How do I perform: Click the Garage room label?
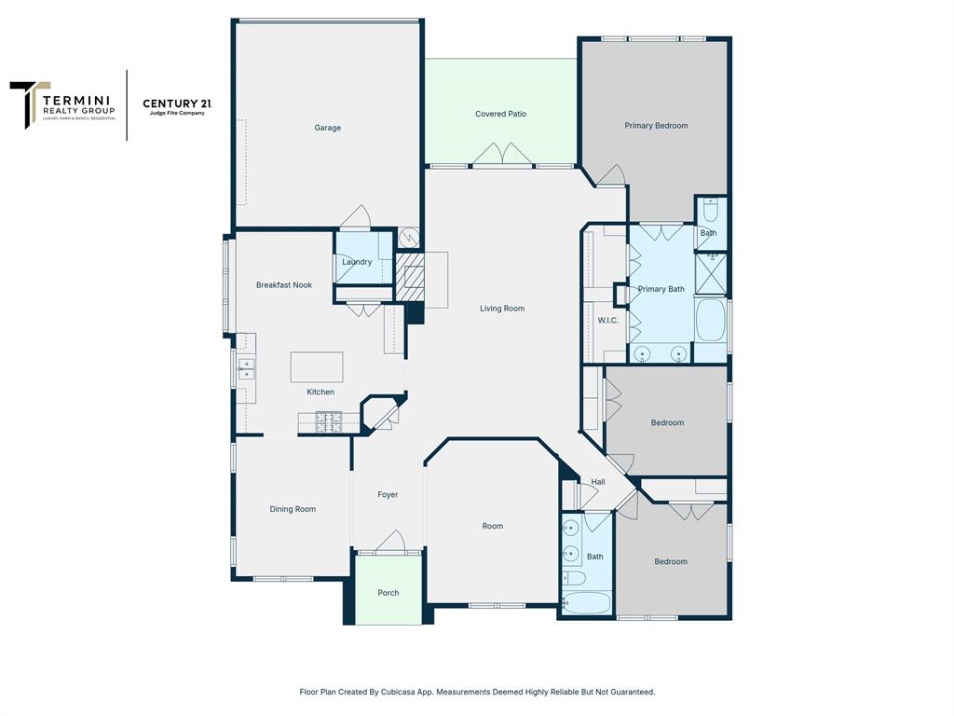click(x=327, y=128)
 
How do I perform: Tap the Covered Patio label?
click(x=500, y=114)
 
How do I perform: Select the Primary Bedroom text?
click(x=656, y=125)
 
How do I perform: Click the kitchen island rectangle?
click(x=317, y=366)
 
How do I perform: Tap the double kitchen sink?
click(x=247, y=369)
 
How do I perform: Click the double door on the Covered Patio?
click(x=502, y=155)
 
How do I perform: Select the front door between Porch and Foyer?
click(x=389, y=543)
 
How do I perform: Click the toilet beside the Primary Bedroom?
click(x=710, y=210)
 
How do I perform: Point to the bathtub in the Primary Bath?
click(x=710, y=320)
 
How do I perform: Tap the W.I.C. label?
click(x=607, y=321)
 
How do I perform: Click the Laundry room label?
click(x=357, y=262)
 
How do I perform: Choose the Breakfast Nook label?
click(x=284, y=285)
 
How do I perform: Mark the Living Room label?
click(x=502, y=309)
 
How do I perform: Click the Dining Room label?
click(x=293, y=509)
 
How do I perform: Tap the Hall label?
click(x=598, y=482)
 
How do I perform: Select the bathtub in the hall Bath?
click(x=587, y=602)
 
